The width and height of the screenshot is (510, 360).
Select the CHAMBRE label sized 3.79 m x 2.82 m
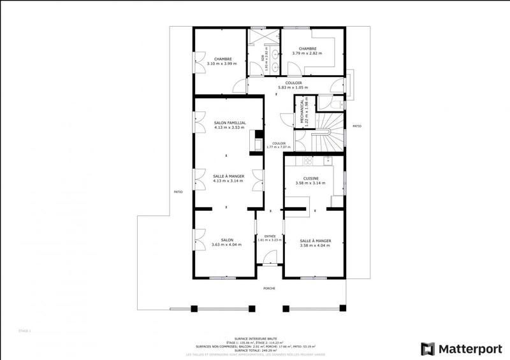point(307,48)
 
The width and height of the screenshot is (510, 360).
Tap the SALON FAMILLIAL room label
point(230,122)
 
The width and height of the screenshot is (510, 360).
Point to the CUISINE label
point(310,178)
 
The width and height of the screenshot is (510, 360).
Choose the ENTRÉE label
point(270,236)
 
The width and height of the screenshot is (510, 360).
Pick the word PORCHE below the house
point(270,288)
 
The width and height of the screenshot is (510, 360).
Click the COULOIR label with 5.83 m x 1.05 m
point(293,83)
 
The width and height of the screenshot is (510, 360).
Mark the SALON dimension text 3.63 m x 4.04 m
point(227,245)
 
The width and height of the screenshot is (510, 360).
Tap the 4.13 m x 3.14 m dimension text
point(228,180)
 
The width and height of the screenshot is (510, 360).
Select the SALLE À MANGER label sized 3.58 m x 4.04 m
point(316,240)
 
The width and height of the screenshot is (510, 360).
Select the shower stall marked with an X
point(259,37)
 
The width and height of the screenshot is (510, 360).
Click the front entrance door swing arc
point(270,256)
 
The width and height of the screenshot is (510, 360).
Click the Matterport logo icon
point(428,349)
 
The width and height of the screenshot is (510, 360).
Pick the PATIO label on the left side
point(177,192)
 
